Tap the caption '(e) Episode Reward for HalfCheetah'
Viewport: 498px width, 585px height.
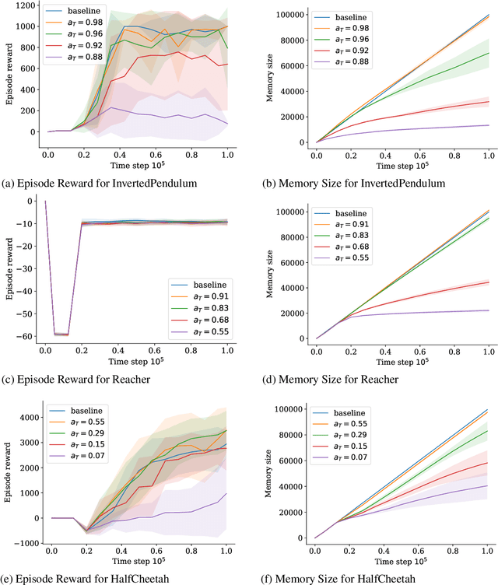tap(91, 576)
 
